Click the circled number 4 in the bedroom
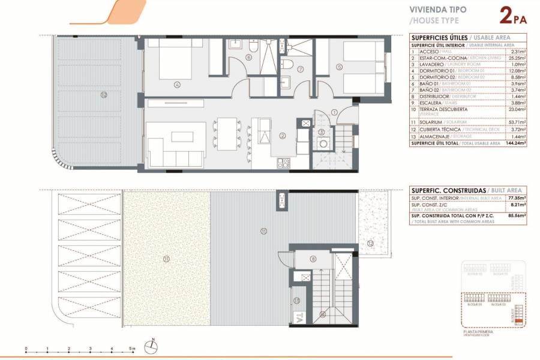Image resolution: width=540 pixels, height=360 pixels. (177, 85)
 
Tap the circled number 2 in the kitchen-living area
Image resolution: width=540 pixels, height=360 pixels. (281, 136)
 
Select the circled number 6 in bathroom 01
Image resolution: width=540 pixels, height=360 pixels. (248, 58)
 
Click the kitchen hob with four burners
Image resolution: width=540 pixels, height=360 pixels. (283, 162)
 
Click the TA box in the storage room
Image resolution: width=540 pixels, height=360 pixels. (298, 316)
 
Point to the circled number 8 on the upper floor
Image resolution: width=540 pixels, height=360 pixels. (313, 259)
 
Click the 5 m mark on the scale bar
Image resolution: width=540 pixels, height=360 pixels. (133, 349)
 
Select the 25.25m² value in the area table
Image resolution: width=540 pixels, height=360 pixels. (517, 58)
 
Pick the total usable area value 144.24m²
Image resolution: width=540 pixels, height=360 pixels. (515, 143)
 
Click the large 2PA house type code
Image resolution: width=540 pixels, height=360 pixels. (513, 14)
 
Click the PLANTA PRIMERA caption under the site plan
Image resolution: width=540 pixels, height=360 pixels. (478, 331)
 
